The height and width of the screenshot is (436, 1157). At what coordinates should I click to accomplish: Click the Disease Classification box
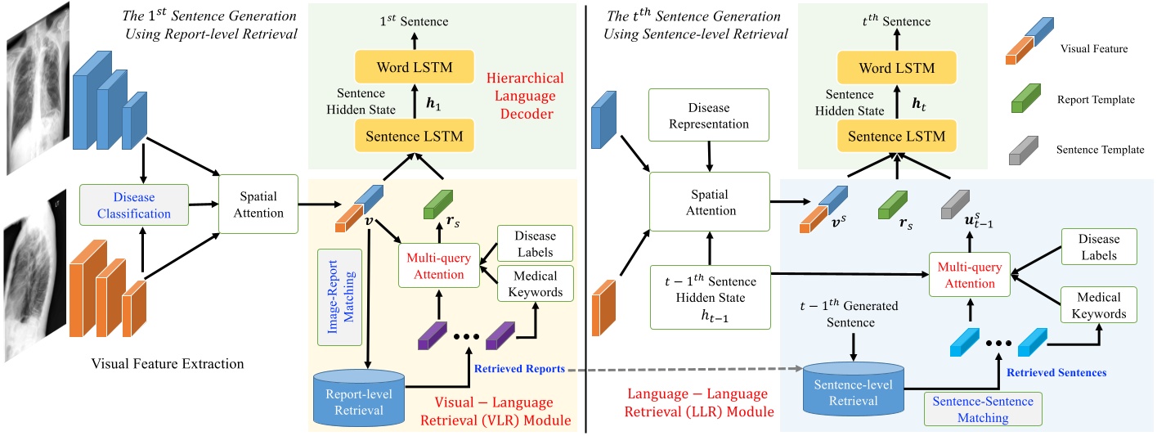133,205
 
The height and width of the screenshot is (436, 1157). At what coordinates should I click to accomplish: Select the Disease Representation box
710,116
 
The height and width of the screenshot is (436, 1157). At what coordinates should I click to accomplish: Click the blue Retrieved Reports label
519,369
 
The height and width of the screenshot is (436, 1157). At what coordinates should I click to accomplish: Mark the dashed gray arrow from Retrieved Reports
683,370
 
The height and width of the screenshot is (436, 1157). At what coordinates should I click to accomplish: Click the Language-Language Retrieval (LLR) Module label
699,402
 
